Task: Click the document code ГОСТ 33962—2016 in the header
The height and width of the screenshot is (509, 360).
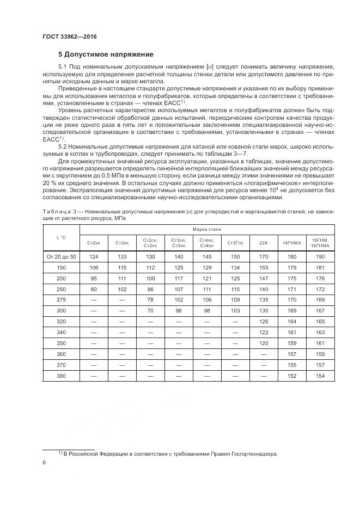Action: tap(73, 38)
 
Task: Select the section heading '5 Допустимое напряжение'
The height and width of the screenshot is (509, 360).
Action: tap(106, 54)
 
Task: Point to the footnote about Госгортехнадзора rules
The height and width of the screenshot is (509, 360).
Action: tap(168, 453)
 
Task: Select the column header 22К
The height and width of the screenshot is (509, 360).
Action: tap(264, 242)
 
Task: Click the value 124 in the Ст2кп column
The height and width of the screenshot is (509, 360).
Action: tap(94, 256)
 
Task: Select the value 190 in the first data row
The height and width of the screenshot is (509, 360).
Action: tap(320, 256)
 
